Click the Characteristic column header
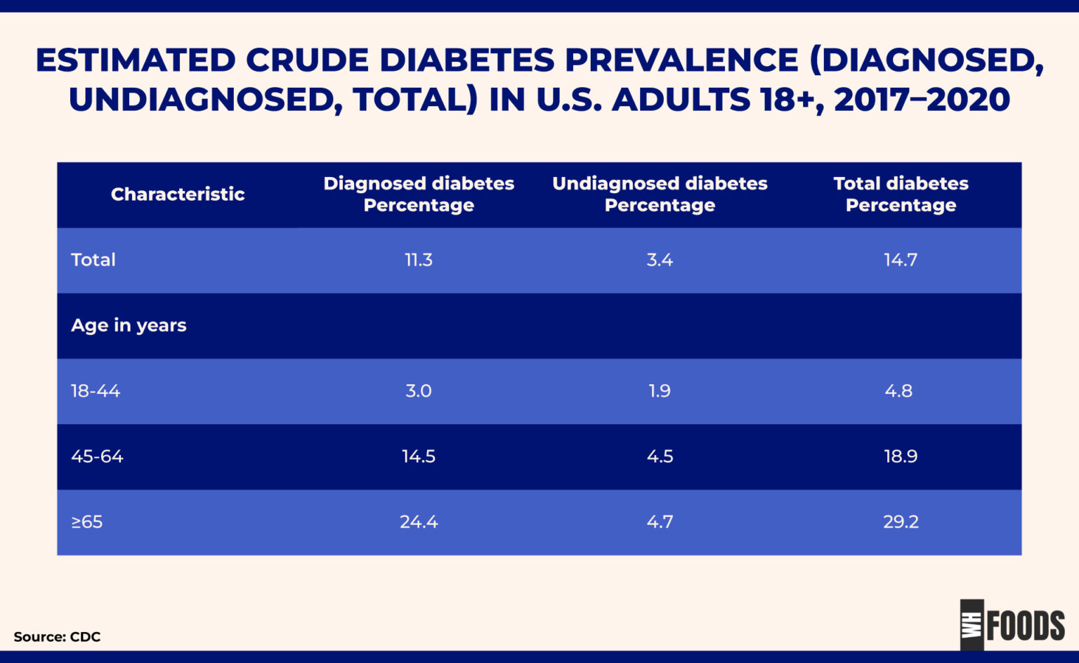(x=178, y=195)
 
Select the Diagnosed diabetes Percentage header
(x=419, y=195)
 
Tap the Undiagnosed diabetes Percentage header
(x=660, y=195)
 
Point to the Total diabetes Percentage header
(x=901, y=195)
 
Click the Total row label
(x=93, y=260)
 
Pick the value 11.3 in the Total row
(x=419, y=260)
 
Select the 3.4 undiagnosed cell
(x=660, y=260)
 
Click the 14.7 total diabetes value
(x=901, y=260)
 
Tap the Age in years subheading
(x=129, y=325)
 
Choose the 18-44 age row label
(x=96, y=391)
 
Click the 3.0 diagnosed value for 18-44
(x=419, y=391)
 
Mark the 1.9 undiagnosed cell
(x=660, y=391)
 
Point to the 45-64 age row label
(x=97, y=457)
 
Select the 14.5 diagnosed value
(x=419, y=457)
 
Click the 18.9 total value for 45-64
(x=901, y=457)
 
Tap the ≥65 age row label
(x=87, y=522)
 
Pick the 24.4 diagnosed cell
(x=419, y=522)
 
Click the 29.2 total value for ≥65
(x=901, y=522)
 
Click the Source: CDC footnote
(x=57, y=637)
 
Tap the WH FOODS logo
(x=1012, y=624)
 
